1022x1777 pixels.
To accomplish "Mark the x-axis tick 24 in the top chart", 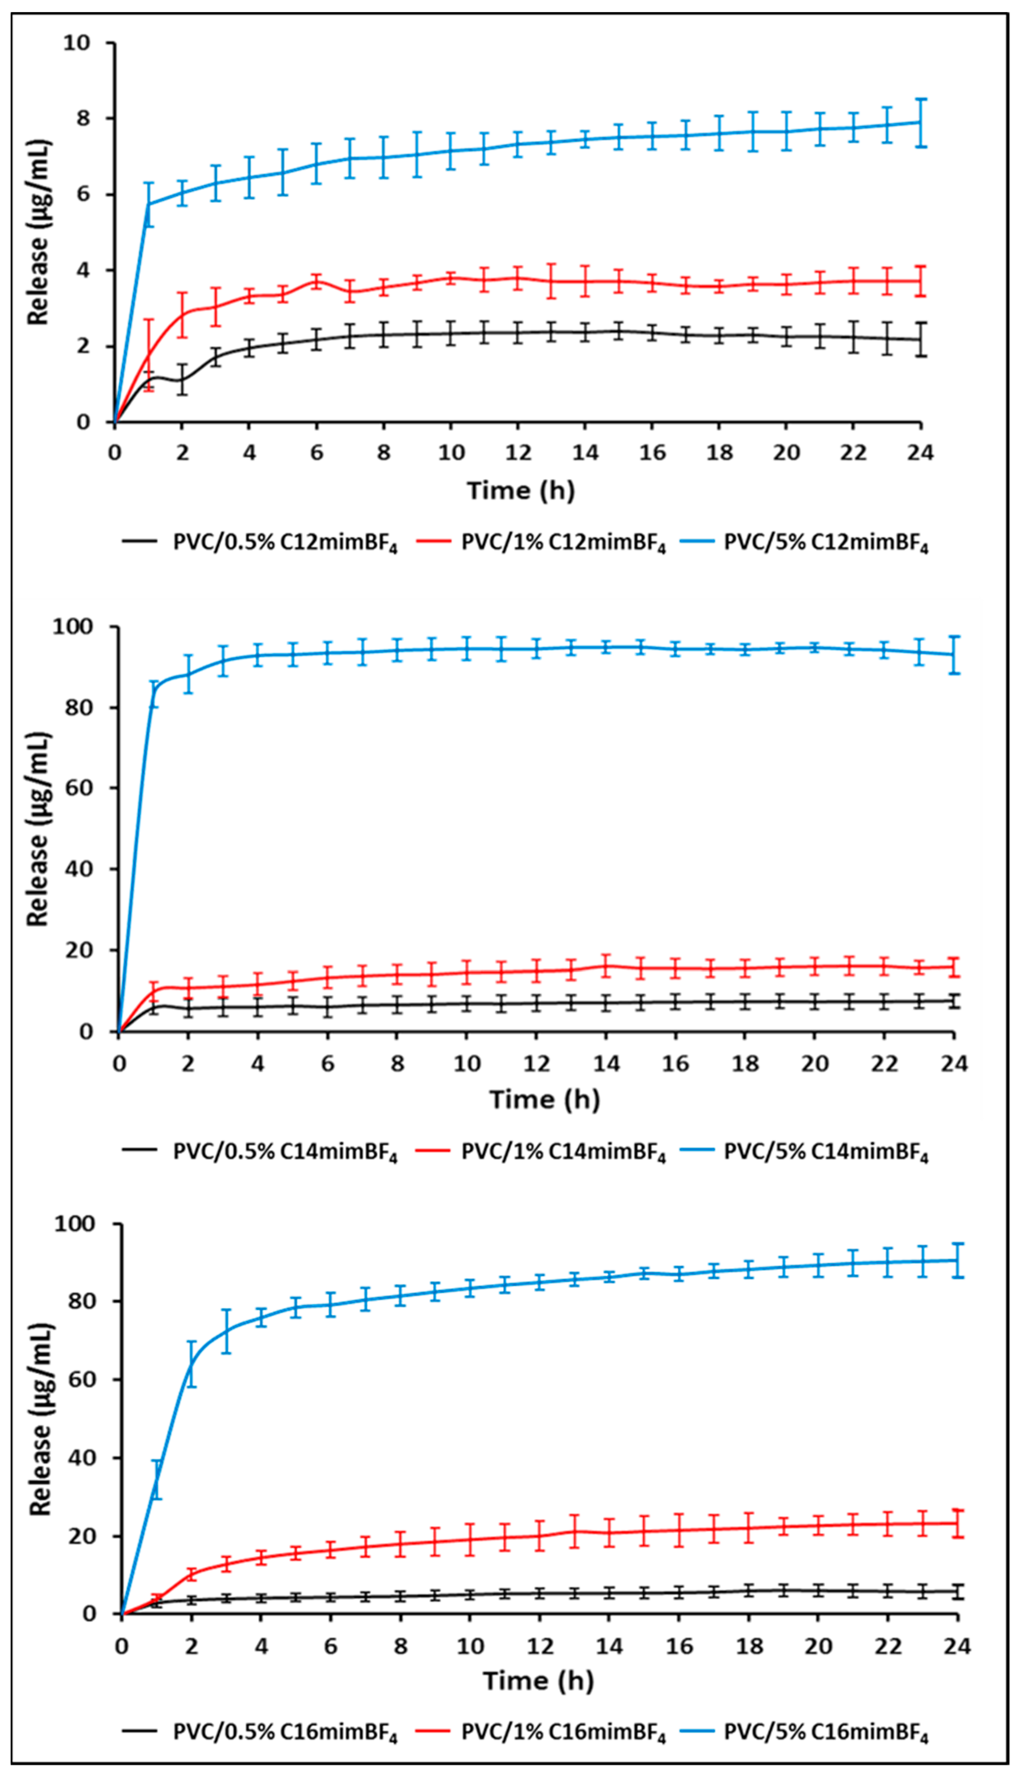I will click(x=920, y=453).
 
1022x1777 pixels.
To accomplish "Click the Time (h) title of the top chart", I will click(x=521, y=490).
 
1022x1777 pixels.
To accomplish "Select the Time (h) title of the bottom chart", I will click(x=539, y=1681).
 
